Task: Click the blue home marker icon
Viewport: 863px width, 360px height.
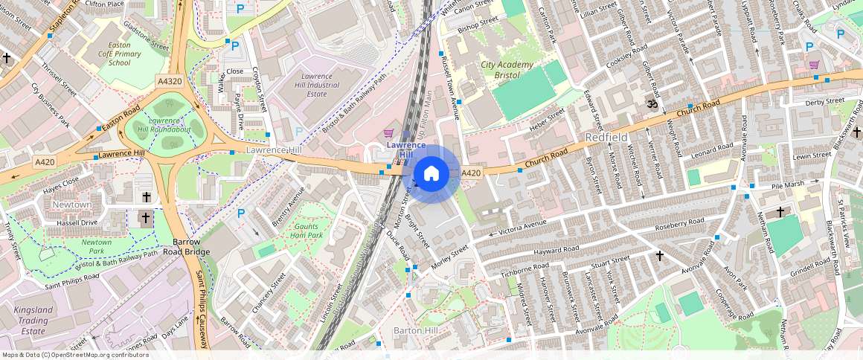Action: point(431,174)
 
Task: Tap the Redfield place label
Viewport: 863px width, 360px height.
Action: point(608,138)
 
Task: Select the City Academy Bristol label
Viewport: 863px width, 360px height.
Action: point(507,70)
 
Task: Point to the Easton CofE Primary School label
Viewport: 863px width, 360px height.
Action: point(114,54)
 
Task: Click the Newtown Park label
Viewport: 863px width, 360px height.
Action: point(97,246)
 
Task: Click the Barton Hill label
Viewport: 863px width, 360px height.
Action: point(420,330)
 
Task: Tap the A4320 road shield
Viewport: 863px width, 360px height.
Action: point(169,80)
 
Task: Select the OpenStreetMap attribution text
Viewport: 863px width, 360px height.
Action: point(74,355)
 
